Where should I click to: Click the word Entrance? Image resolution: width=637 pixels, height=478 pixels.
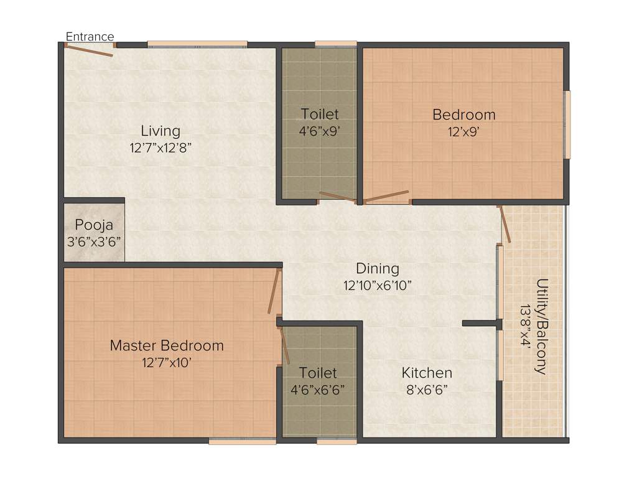(x=90, y=37)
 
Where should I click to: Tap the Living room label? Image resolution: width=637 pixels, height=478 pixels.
(x=160, y=131)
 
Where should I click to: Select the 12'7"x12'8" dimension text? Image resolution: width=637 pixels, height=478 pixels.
(x=160, y=148)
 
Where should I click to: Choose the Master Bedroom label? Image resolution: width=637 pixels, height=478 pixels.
(x=167, y=345)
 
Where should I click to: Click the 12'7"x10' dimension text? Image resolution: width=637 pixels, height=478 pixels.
(x=167, y=362)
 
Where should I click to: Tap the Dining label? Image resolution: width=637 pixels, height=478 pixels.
(x=377, y=269)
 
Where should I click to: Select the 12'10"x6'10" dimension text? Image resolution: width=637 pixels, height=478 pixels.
(x=377, y=286)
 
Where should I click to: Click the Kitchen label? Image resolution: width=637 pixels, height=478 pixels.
(x=427, y=373)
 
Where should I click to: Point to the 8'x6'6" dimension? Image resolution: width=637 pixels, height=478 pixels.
(x=427, y=390)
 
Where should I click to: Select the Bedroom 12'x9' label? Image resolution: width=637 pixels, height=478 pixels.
(x=464, y=115)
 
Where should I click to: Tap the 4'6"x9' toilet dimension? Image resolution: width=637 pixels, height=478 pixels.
(x=320, y=131)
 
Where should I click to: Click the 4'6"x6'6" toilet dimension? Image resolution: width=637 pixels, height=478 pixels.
(x=318, y=390)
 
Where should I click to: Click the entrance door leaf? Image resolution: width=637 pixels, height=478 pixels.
(x=90, y=50)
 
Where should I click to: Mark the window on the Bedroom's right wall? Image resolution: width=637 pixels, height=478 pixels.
(x=567, y=124)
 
